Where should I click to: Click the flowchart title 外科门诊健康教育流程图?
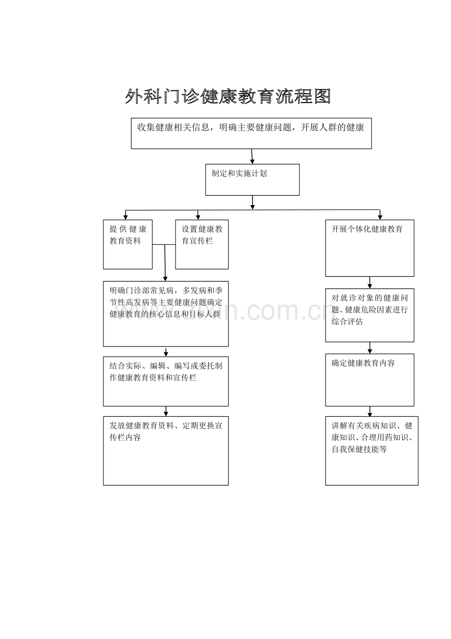pos(228,96)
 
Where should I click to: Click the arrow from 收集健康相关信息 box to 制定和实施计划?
pos(252,157)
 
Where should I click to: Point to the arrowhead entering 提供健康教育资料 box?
pos(125,217)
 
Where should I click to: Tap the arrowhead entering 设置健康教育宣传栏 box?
pos(198,217)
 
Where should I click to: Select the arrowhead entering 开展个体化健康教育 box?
pos(380,217)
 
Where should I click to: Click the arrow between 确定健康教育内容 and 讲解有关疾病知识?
pos(370,411)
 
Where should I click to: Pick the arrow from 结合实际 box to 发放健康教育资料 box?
pos(166,411)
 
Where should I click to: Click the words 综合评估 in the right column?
pos(347,322)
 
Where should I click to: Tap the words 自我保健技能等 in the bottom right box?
pos(359,449)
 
